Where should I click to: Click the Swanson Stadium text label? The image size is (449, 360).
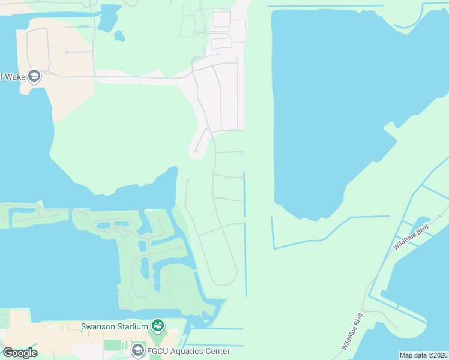[x=115, y=326]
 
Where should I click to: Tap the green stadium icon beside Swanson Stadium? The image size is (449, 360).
[x=158, y=326]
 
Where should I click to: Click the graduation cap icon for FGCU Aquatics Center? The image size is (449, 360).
[x=138, y=350]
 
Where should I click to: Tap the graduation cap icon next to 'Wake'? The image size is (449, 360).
[x=34, y=76]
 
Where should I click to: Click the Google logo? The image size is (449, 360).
[x=20, y=353]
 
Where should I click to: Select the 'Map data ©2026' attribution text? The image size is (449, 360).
[x=423, y=355]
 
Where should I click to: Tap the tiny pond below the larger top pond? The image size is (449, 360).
[x=119, y=37]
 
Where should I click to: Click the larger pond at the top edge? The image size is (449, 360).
[x=109, y=17]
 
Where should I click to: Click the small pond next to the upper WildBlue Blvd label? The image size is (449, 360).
[x=422, y=223]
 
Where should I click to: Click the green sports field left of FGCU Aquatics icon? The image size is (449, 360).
[x=113, y=345]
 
